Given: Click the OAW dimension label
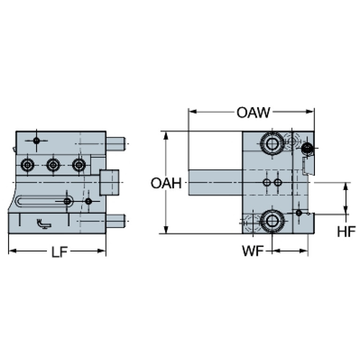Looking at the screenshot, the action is click(x=253, y=113).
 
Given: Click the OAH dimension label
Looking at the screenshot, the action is click(x=166, y=183).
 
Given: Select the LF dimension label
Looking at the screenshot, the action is click(x=59, y=252).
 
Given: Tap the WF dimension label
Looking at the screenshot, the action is click(x=253, y=251).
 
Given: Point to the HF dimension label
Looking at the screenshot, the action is click(x=346, y=231).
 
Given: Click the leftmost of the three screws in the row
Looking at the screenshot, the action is click(x=28, y=165).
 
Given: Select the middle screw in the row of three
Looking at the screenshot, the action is click(x=53, y=165).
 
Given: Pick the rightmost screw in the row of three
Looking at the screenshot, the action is click(x=79, y=165).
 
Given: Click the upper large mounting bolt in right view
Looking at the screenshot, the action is click(x=272, y=144).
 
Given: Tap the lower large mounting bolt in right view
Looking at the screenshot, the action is click(x=272, y=221).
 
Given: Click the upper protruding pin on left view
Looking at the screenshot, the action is click(x=115, y=144).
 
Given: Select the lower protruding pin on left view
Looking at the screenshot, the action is click(x=115, y=221).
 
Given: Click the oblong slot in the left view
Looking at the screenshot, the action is click(x=44, y=201).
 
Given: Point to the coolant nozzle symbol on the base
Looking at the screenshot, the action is click(x=44, y=224).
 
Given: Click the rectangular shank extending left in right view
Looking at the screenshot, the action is click(x=215, y=183).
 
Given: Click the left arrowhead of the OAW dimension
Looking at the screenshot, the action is click(x=192, y=112).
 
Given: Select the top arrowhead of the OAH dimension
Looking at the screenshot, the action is click(x=166, y=136).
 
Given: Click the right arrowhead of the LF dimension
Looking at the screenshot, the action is click(x=102, y=251).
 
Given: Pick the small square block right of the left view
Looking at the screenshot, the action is click(x=109, y=183).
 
